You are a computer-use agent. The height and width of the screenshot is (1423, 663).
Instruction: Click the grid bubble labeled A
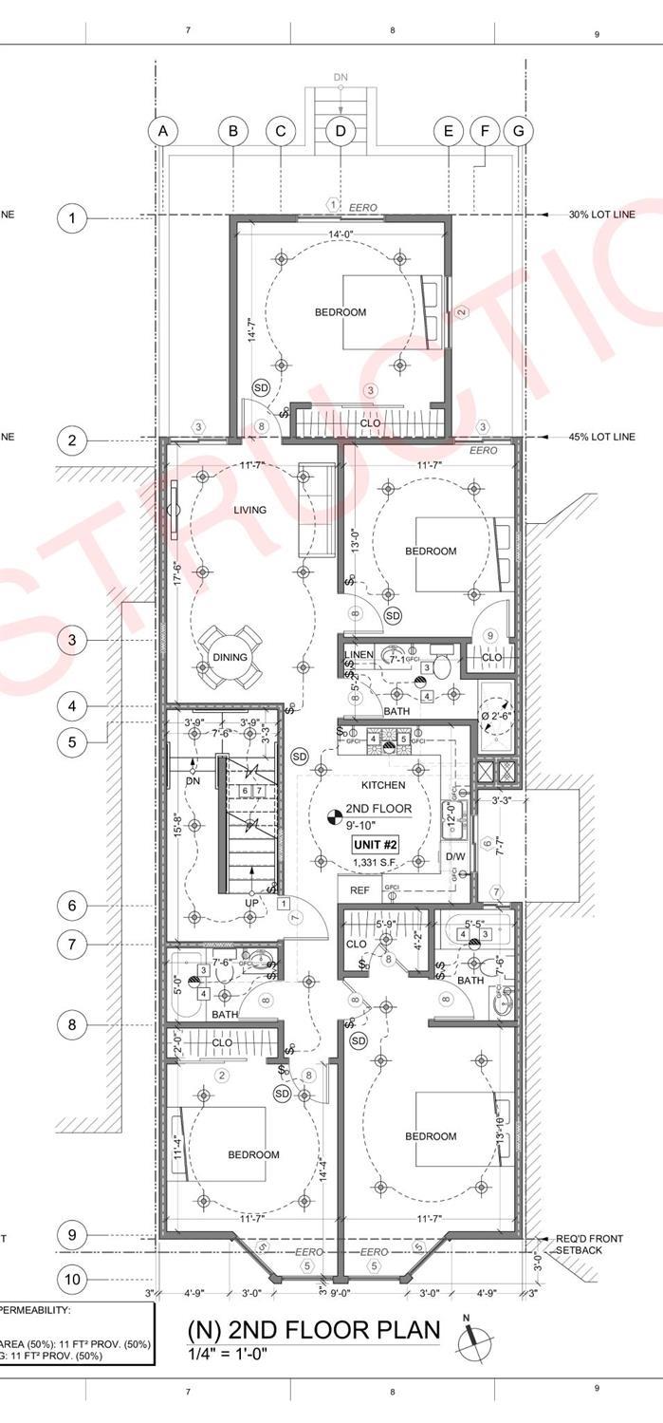point(163,131)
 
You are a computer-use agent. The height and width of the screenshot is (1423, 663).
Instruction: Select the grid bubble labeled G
point(518,131)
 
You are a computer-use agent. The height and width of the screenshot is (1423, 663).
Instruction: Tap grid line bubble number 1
point(72,219)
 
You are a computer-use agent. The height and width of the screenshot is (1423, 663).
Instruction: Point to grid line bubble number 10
point(72,1280)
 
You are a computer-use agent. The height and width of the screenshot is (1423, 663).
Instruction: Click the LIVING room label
point(250,510)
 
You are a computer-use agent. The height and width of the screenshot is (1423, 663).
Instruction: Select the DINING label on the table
point(230,657)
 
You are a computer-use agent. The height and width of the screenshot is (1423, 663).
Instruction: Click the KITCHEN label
point(383,785)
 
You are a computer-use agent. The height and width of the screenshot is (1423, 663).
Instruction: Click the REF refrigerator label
point(359,890)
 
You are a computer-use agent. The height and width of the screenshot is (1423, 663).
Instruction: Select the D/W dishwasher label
point(455,857)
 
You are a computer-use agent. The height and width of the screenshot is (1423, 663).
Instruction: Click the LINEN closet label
point(359,655)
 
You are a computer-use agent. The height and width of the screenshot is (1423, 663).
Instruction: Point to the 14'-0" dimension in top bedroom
point(341,234)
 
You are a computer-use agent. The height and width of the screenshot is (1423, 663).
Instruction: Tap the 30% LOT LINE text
point(602,215)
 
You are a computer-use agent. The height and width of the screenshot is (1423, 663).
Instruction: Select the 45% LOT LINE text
point(602,438)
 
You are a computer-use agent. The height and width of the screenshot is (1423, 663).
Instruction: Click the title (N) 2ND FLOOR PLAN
point(314,1331)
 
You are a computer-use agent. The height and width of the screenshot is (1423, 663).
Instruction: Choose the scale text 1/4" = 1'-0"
point(228,1356)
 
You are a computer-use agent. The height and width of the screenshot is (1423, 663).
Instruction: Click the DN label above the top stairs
point(341,76)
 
